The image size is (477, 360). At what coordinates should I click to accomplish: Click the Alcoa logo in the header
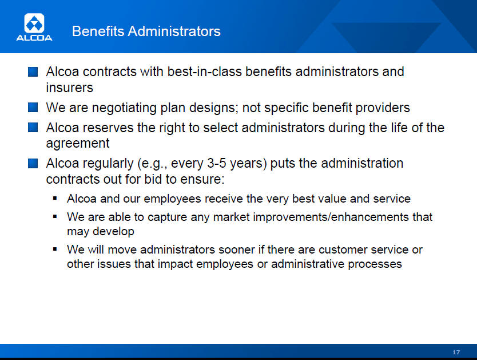[34, 27]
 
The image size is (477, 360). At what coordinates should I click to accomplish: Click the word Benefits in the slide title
[98, 31]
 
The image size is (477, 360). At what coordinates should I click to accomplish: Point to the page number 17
[456, 352]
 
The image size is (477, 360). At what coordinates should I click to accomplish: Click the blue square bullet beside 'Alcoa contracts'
[33, 72]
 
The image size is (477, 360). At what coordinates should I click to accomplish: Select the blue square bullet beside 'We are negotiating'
[33, 108]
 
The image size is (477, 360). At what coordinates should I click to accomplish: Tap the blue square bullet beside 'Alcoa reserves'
[33, 128]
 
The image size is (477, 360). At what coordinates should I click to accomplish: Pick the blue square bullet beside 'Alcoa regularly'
[33, 163]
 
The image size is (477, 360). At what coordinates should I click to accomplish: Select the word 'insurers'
[69, 88]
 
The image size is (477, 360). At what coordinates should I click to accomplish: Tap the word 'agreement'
[78, 144]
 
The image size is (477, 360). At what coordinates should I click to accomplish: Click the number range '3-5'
[216, 164]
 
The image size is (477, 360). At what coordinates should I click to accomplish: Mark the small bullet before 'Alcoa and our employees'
[55, 198]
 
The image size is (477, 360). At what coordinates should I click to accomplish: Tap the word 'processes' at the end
[375, 264]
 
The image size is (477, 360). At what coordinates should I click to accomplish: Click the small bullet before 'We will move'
[55, 249]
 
